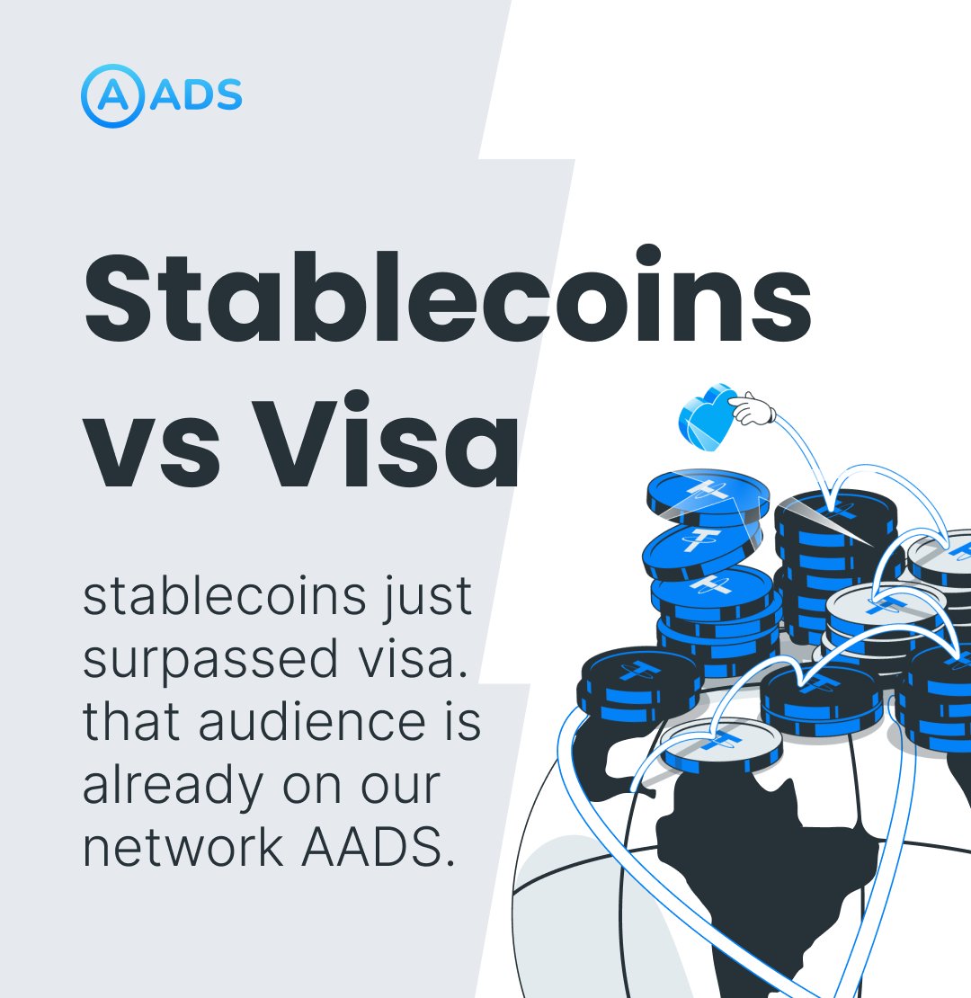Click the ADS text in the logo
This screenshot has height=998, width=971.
point(195,95)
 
